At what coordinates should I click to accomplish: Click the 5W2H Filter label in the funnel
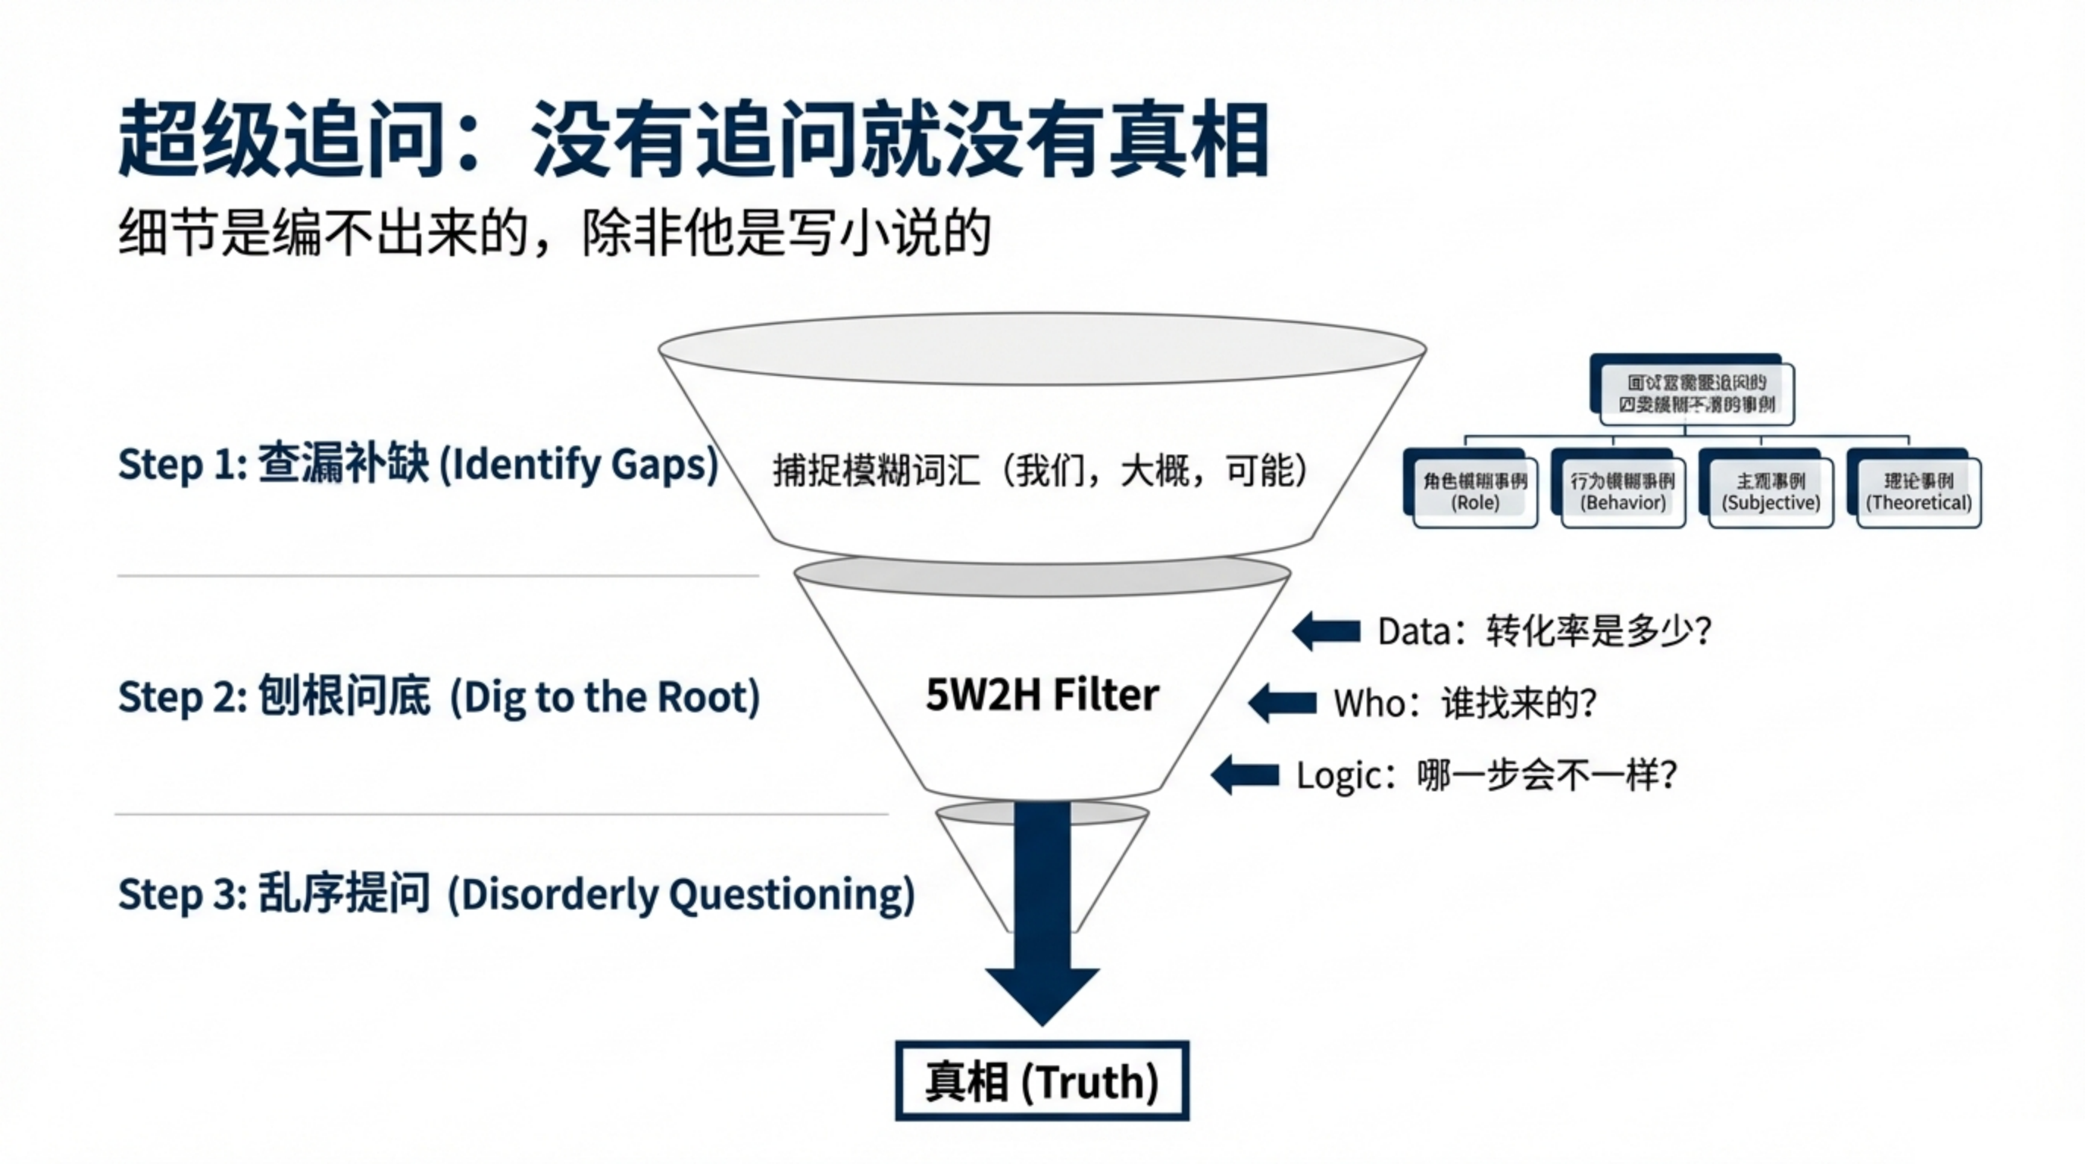pos(1042,694)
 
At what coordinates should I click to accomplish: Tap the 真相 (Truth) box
pos(1042,1081)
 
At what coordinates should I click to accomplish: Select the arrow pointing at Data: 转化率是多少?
pos(1326,631)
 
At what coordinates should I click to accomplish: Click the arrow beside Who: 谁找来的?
pos(1282,702)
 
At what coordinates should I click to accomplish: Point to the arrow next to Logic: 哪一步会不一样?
pos(1244,774)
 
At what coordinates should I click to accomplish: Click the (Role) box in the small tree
pos(1474,492)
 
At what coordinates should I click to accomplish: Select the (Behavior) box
pos(1623,492)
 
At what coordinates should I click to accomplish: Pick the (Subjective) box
pos(1770,492)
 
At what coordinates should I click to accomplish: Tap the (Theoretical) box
pos(1918,492)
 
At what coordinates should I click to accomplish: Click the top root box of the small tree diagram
pos(1696,393)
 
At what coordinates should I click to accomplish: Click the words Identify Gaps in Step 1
pos(578,465)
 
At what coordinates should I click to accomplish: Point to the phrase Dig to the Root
pos(605,697)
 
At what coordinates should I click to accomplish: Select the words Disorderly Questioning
pos(680,894)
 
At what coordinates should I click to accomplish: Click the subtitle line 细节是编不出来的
pos(324,233)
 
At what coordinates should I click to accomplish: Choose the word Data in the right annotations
pos(1412,631)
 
